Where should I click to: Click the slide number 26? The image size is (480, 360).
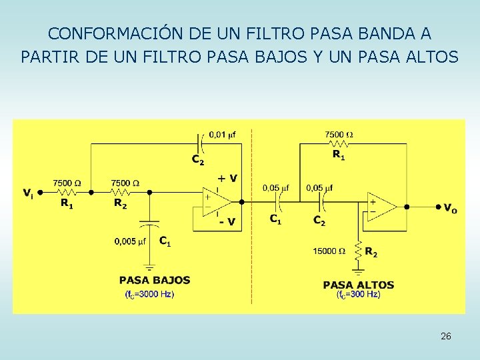(446, 337)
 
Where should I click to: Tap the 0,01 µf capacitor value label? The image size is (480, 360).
(222, 135)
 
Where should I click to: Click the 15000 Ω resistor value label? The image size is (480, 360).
(330, 251)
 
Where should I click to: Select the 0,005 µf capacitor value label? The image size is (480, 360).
(131, 241)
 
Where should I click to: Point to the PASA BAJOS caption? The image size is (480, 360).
(155, 280)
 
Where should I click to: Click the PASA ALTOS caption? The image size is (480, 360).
(359, 285)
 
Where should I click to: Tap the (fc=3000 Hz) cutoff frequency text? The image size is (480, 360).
(149, 294)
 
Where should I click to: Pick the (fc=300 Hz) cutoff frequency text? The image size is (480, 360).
(359, 294)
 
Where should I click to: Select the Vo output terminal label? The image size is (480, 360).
(451, 208)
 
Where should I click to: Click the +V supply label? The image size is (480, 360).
(227, 178)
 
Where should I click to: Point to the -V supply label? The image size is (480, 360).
(227, 222)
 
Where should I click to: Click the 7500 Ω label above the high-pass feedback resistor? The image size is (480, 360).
(339, 135)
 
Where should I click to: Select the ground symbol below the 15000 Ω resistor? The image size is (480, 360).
(359, 269)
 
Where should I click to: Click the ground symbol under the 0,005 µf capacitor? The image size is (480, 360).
(149, 267)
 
